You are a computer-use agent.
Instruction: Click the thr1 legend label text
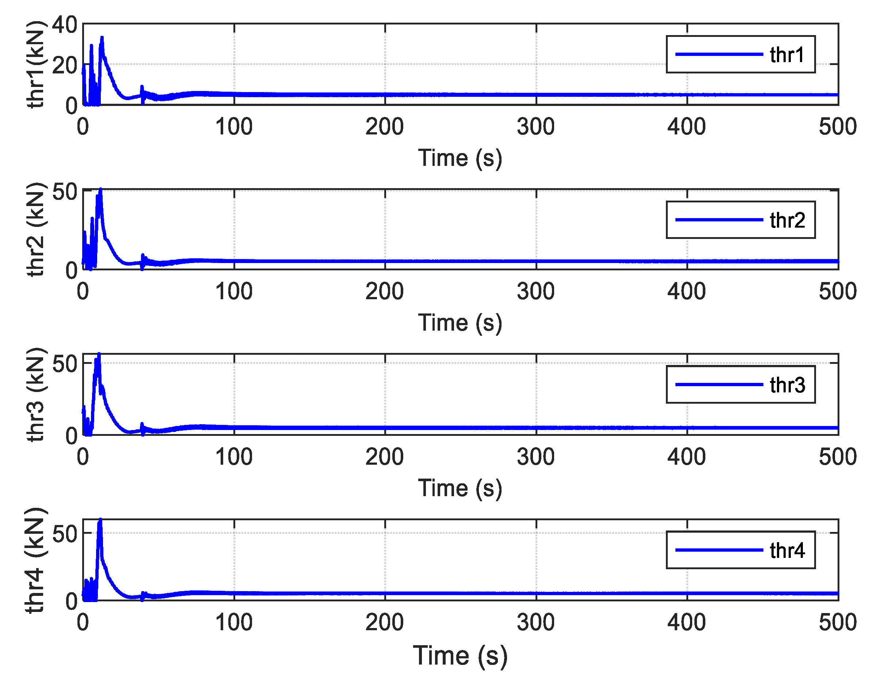(x=787, y=55)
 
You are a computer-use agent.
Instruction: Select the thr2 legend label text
(x=787, y=220)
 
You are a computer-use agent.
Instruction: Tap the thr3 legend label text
(x=787, y=385)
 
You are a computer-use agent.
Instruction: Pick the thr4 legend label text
(x=787, y=550)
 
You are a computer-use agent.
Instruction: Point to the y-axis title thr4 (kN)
(x=35, y=560)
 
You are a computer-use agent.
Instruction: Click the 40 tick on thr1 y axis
(x=64, y=25)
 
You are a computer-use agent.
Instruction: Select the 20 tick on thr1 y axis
(x=64, y=65)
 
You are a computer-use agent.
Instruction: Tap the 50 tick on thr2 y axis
(x=64, y=192)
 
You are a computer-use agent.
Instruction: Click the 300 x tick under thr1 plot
(x=535, y=127)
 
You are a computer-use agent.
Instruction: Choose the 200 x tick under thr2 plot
(x=384, y=292)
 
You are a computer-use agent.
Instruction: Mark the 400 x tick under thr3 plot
(x=686, y=457)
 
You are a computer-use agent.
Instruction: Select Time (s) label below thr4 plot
(x=460, y=655)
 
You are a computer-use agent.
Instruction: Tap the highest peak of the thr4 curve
(x=100, y=520)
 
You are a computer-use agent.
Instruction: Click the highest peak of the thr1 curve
(x=102, y=38)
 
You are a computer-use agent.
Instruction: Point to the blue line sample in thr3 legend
(x=719, y=385)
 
